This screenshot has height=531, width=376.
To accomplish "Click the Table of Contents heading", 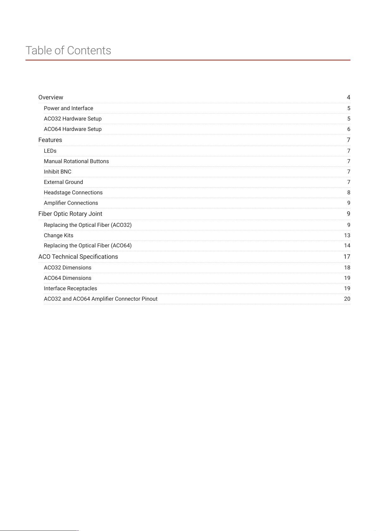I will pyautogui.click(x=68, y=50).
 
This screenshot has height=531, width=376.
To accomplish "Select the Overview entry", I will pyautogui.click(x=51, y=97).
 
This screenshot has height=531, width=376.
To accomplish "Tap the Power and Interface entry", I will pyautogui.click(x=69, y=108).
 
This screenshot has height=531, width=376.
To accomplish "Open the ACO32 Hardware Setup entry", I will pyautogui.click(x=73, y=119).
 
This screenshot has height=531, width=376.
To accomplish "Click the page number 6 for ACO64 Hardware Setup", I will pyautogui.click(x=349, y=129).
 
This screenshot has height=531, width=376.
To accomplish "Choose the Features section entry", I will pyautogui.click(x=50, y=140).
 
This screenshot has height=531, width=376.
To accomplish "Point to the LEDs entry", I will pyautogui.click(x=50, y=151).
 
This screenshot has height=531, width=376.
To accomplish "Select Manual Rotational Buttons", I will pyautogui.click(x=76, y=161).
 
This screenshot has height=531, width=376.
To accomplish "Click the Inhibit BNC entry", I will pyautogui.click(x=57, y=172).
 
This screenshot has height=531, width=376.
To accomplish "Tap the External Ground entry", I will pyautogui.click(x=63, y=182).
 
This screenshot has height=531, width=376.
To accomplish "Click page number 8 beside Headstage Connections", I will pyautogui.click(x=349, y=192).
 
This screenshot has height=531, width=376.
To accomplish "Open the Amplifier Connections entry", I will pyautogui.click(x=71, y=203).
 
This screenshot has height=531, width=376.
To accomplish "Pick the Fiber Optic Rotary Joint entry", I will pyautogui.click(x=70, y=214).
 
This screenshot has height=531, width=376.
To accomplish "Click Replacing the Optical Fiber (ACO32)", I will pyautogui.click(x=88, y=225).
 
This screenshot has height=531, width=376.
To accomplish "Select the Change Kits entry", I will pyautogui.click(x=59, y=235).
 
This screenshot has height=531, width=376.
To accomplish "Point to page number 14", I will pyautogui.click(x=347, y=245).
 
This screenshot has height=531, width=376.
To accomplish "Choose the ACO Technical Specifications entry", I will pyautogui.click(x=78, y=257).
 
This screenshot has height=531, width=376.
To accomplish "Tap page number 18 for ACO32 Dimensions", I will pyautogui.click(x=347, y=268).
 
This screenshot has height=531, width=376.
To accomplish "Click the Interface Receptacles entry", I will pyautogui.click(x=70, y=288).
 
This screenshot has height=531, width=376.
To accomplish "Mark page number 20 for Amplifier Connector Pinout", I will pyautogui.click(x=347, y=299).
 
